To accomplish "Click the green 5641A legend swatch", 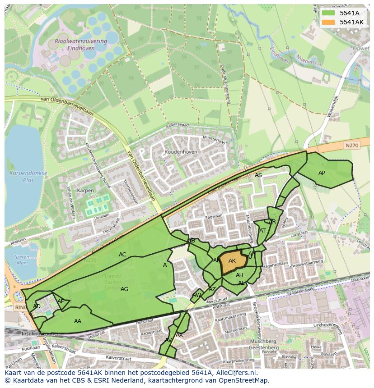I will coord(328,13).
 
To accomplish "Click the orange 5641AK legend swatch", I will coord(328,22).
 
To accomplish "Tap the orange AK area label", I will coord(232,261).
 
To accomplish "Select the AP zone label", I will coord(322,173).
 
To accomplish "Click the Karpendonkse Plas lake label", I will coord(22,177).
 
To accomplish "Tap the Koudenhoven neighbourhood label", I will coord(181,152).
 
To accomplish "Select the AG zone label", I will coord(125,289).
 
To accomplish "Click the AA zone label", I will coord(78,321).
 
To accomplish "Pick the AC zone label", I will coord(122,255).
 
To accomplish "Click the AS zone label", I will coord(258,175).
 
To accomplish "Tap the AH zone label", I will coord(239,275).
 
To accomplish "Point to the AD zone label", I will coord(37,306).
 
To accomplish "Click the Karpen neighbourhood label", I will coord(85,191).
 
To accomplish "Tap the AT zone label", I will coord(262,231).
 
